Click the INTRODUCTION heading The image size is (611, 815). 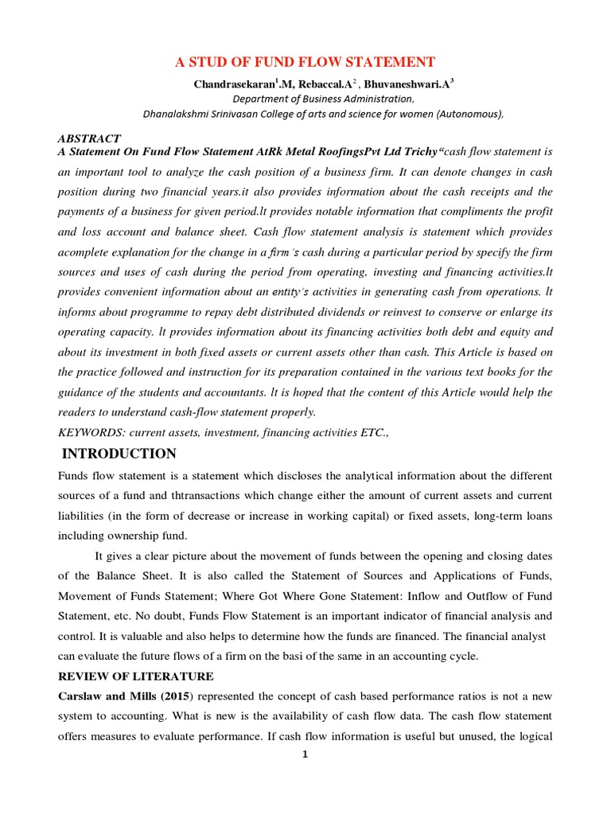[119, 454]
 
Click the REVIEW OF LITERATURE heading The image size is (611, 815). [136, 677]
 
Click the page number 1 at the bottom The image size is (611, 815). [305, 755]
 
